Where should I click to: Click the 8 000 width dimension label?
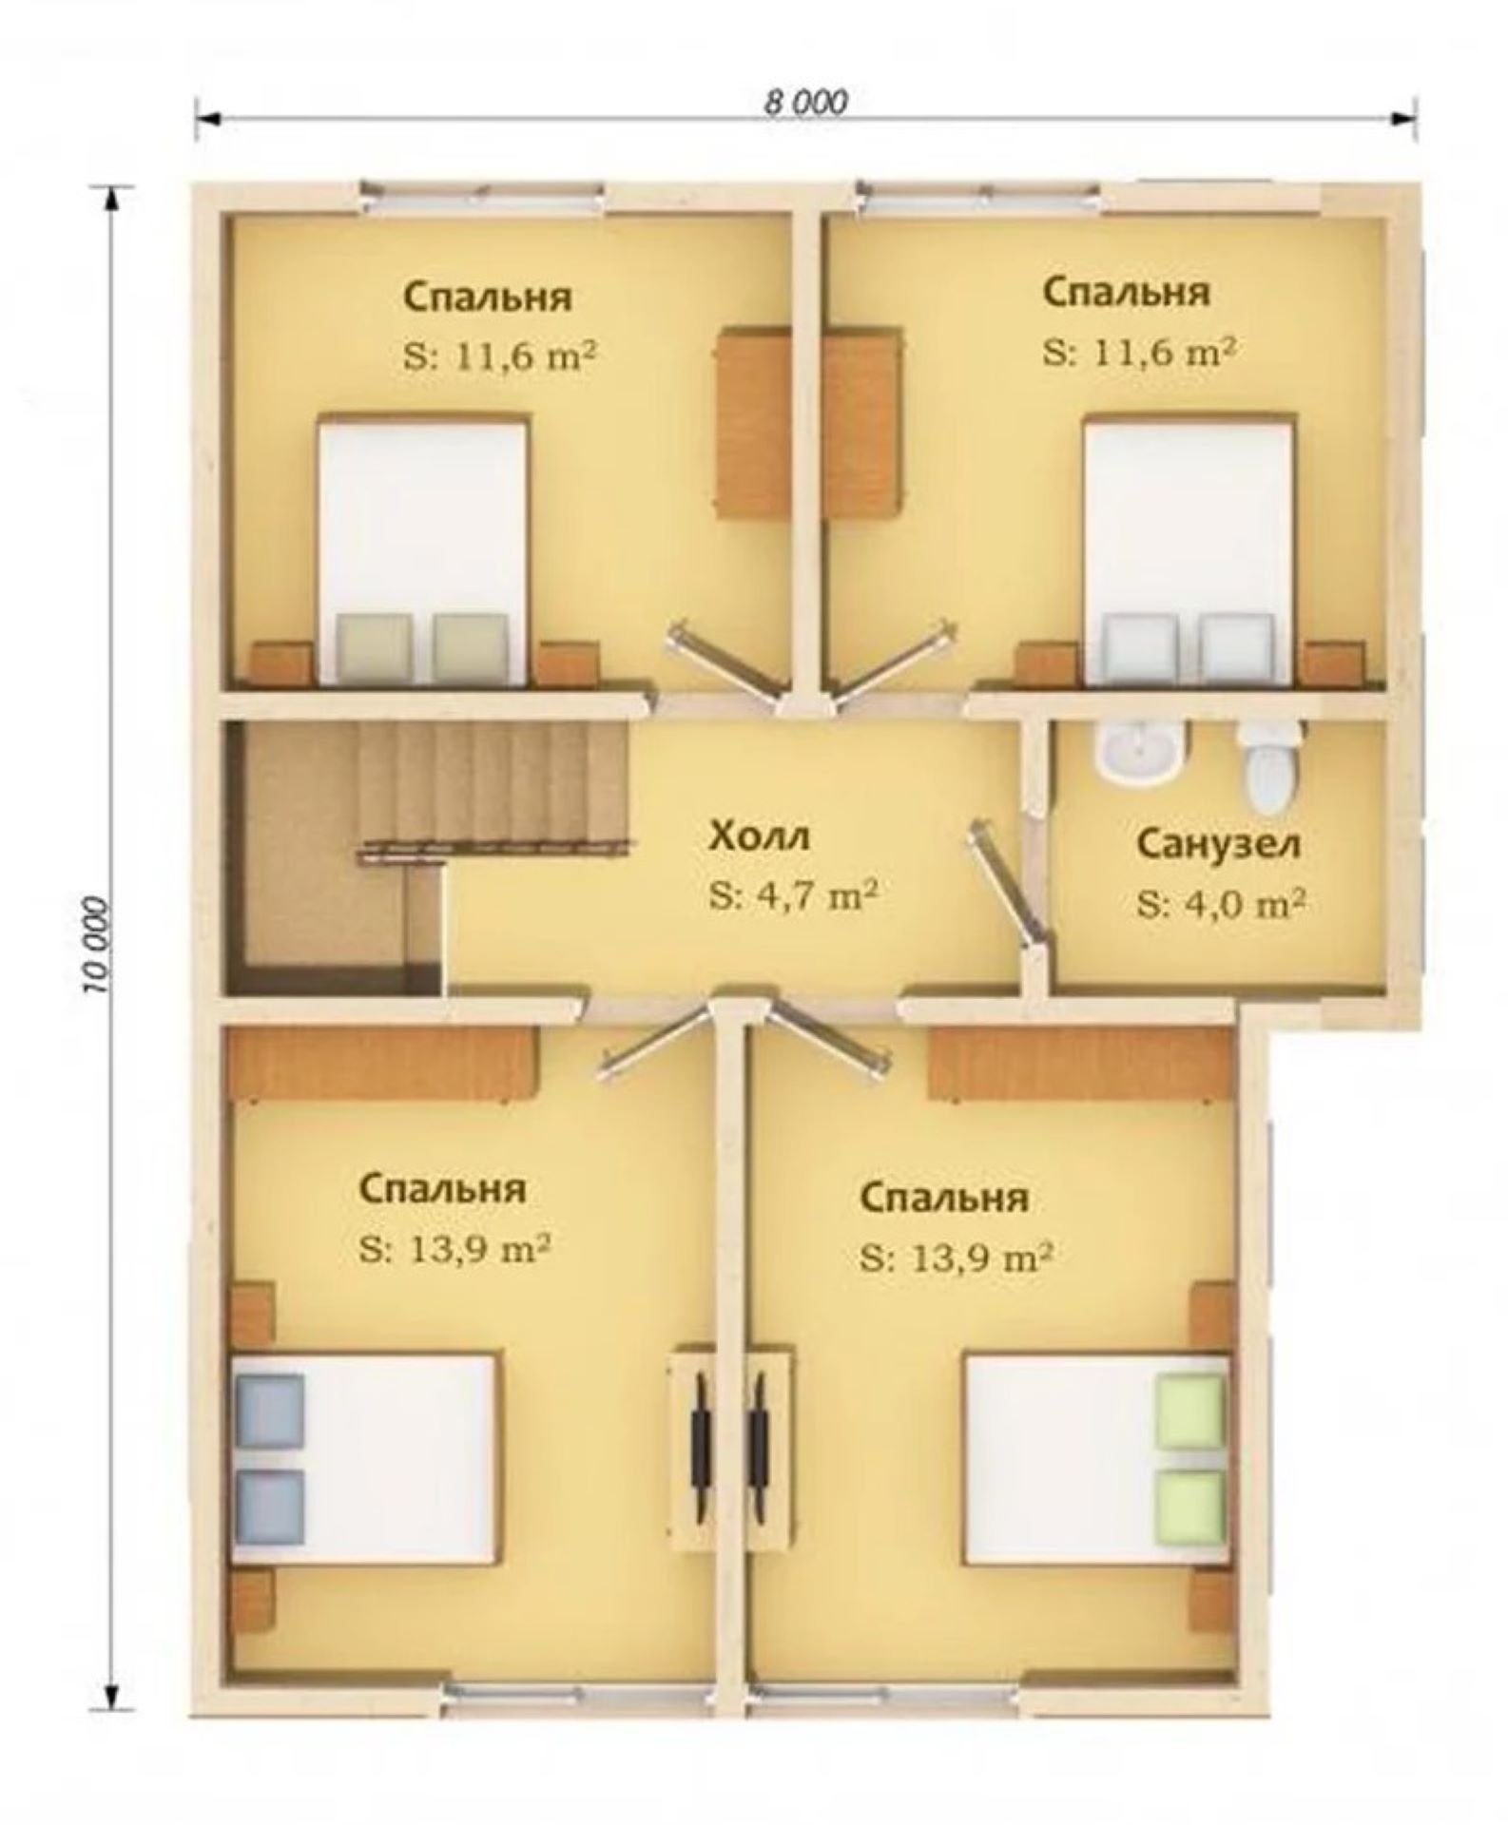tap(806, 102)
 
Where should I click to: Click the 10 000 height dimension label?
tap(98, 943)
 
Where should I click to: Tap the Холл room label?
tap(760, 837)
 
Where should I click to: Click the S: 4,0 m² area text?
tap(1220, 903)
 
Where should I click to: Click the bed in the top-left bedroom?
tap(422, 549)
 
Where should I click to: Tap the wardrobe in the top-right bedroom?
tap(861, 422)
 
